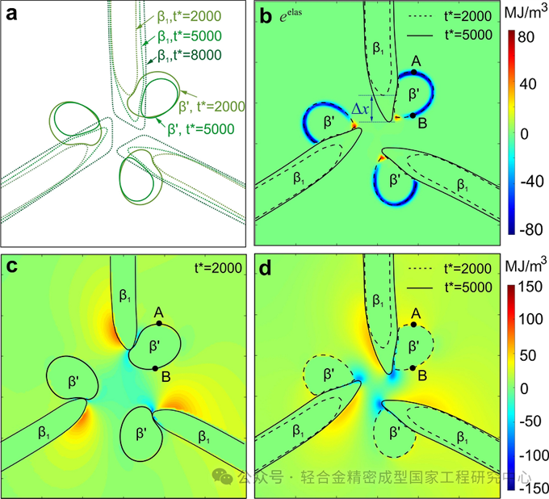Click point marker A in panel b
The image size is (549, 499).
(x=414, y=72)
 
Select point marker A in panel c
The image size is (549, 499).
(x=159, y=323)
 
